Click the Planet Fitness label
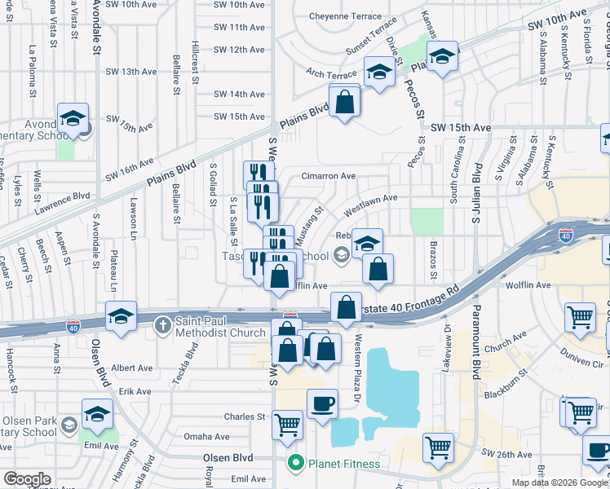click(343, 465)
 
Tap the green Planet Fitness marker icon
click(296, 464)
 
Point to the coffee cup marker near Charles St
click(322, 403)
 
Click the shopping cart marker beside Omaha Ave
click(287, 424)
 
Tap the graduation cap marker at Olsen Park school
click(97, 416)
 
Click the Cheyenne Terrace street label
click(346, 16)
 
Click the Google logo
click(27, 479)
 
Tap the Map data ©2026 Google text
click(560, 482)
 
